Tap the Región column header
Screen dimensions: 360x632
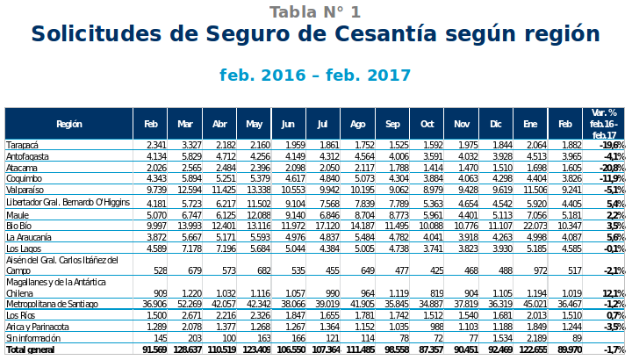pos(69,124)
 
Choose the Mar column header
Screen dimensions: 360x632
pos(185,124)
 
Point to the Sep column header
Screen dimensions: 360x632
pos(392,124)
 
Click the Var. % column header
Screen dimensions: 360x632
pos(604,124)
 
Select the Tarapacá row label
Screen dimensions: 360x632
pos(23,145)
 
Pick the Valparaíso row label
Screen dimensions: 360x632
pos(25,190)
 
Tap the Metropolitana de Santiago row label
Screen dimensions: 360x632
pos(50,304)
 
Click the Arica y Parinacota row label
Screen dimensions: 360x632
pos(38,327)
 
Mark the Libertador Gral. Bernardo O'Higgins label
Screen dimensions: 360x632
pos(68,204)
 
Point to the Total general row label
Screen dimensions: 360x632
pos(30,349)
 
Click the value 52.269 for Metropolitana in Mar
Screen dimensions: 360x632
pos(189,304)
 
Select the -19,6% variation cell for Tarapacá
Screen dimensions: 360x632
pos(612,145)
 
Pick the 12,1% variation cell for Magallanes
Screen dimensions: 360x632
pos(614,293)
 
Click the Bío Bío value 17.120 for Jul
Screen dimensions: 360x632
pos(326,227)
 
